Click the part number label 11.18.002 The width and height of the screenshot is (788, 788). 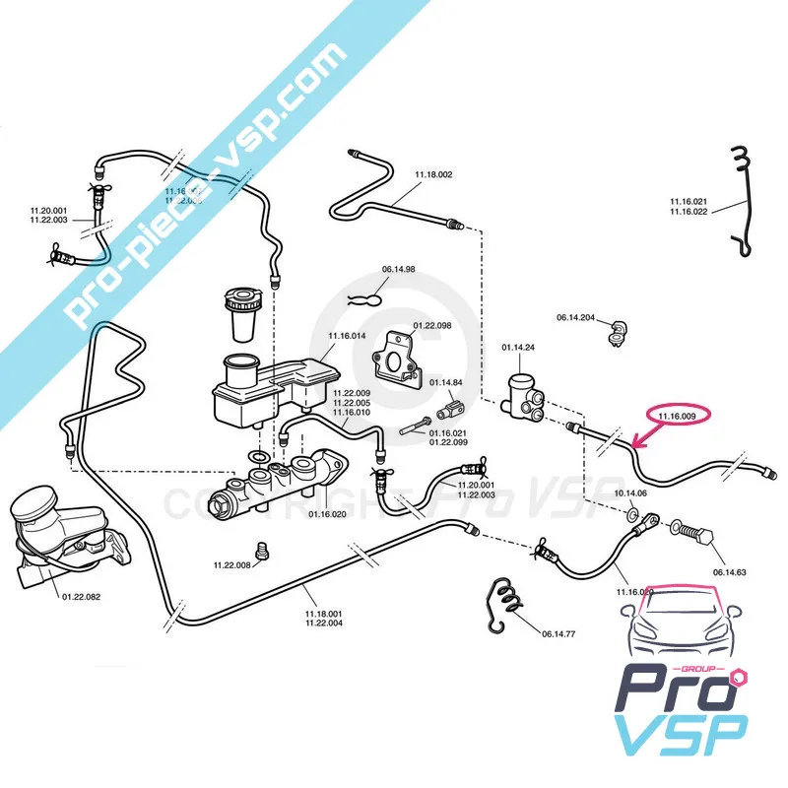[x=432, y=175]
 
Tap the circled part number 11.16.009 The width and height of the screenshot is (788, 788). [x=677, y=417]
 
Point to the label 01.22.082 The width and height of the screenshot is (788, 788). [x=83, y=596]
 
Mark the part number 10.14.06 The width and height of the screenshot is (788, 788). [x=630, y=492]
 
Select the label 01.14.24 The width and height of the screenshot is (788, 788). [x=518, y=348]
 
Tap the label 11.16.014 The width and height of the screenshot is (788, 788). [x=346, y=336]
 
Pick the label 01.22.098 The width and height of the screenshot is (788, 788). [x=431, y=325]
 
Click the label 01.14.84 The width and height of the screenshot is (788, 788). [x=446, y=382]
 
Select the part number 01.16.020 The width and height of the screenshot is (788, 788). [x=325, y=513]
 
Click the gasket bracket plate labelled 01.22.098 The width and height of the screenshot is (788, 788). [x=401, y=353]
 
